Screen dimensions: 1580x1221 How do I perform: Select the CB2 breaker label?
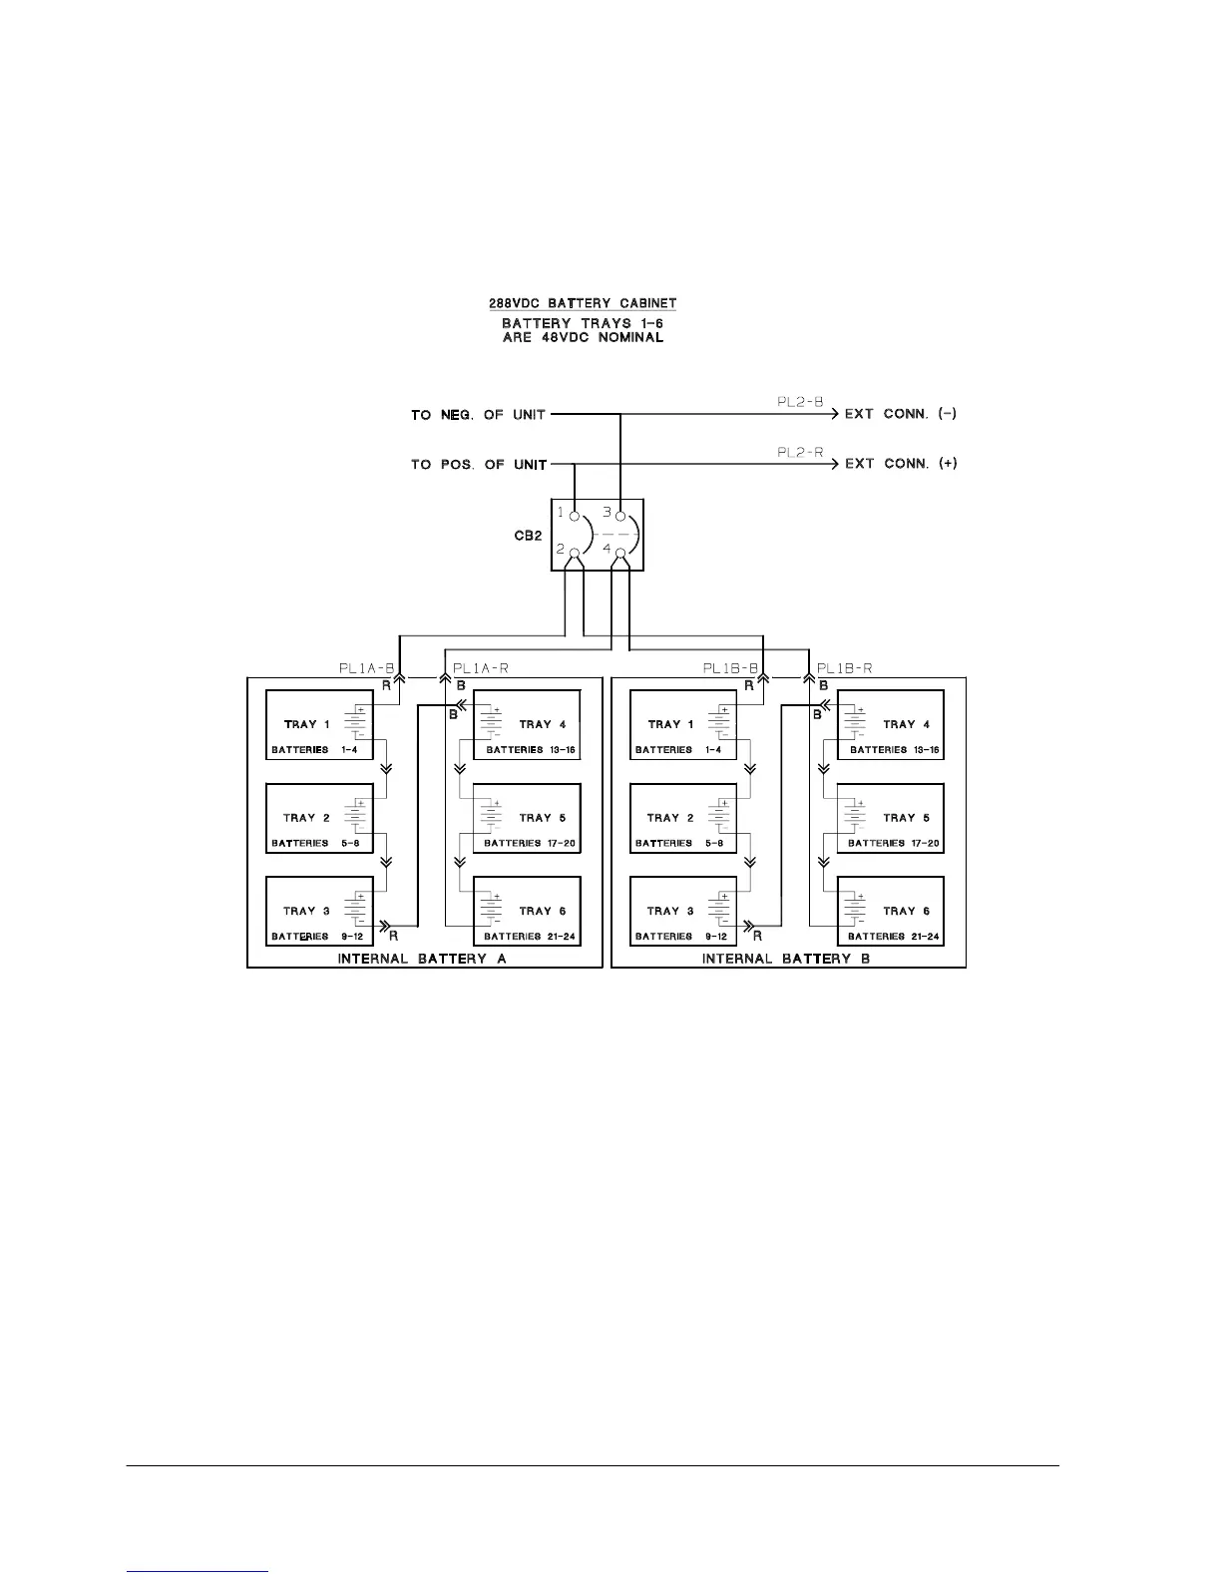tap(528, 536)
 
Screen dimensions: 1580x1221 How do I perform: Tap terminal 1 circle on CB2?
tap(575, 517)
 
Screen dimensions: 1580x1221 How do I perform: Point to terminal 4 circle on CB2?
tap(621, 553)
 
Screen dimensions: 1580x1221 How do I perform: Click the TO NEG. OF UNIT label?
tap(478, 415)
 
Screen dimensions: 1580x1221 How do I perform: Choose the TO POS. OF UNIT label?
tap(478, 465)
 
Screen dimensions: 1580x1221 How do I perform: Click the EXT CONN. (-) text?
tap(901, 414)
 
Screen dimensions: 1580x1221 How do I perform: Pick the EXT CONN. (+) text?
tap(901, 464)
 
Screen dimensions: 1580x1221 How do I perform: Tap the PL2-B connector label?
tap(800, 402)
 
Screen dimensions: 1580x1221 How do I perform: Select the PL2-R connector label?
tap(800, 452)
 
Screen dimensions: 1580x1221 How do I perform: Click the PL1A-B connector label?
tap(367, 668)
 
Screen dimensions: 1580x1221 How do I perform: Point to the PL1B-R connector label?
tap(845, 668)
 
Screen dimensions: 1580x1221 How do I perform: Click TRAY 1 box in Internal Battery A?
tap(319, 725)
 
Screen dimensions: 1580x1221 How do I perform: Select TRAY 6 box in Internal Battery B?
tap(891, 912)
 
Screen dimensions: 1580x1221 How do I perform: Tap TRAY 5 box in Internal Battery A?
tap(527, 818)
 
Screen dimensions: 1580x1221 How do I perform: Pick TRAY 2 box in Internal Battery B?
tap(683, 818)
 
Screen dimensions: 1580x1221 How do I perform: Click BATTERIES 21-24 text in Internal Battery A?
tap(532, 937)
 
